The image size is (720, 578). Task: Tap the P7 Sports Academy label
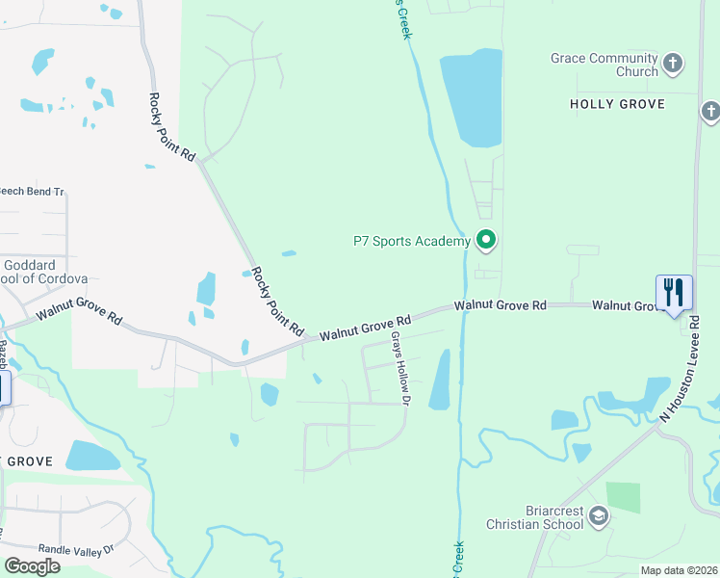click(411, 241)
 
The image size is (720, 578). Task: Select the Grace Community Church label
click(604, 65)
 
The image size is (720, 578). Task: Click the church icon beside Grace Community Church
click(673, 65)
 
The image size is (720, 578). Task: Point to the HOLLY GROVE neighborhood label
click(618, 103)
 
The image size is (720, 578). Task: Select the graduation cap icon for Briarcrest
click(599, 517)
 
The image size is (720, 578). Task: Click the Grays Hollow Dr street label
click(400, 368)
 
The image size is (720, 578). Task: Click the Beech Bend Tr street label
click(31, 192)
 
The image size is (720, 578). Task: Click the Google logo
click(32, 565)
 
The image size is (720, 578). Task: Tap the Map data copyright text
click(679, 570)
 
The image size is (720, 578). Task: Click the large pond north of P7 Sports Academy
click(472, 96)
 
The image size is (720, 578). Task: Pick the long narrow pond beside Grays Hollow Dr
click(440, 379)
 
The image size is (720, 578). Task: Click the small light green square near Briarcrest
click(623, 497)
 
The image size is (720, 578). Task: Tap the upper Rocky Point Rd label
click(172, 126)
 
